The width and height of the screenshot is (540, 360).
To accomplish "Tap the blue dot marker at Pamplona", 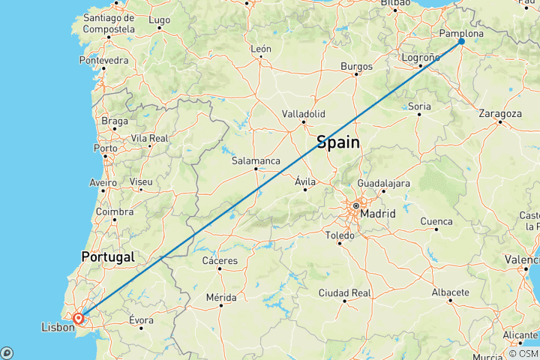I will pyautogui.click(x=461, y=41).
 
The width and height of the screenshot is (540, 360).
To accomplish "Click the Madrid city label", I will pyautogui.click(x=377, y=214).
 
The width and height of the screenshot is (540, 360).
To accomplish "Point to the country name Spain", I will pyautogui.click(x=337, y=142).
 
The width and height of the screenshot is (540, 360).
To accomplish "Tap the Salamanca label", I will pyautogui.click(x=256, y=160).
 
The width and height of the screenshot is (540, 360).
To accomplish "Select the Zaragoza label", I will pyautogui.click(x=500, y=113).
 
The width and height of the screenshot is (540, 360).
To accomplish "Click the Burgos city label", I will pyautogui.click(x=356, y=66).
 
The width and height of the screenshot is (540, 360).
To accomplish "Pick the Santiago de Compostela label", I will pyautogui.click(x=109, y=22).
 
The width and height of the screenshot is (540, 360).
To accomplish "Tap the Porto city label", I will pyautogui.click(x=105, y=148).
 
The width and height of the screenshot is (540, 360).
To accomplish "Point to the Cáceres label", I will pyautogui.click(x=220, y=260).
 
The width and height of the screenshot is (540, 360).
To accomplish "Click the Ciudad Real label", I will pyautogui.click(x=344, y=292).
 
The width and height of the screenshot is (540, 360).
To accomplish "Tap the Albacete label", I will pyautogui.click(x=450, y=292).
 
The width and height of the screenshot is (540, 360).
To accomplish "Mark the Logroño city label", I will pyautogui.click(x=420, y=57).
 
